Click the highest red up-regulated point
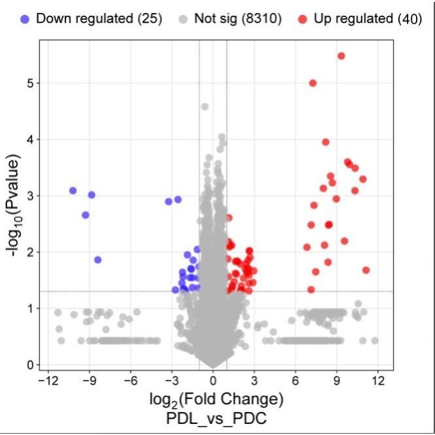[x=341, y=56]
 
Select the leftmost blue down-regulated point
[x=73, y=190]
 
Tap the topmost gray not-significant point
[x=205, y=106]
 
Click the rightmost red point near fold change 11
[x=366, y=270]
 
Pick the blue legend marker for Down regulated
[x=26, y=18]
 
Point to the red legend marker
[x=303, y=18]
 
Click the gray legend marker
[x=184, y=18]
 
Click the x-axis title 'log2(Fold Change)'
[x=213, y=399]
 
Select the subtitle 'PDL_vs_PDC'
[x=213, y=417]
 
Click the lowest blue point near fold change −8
[x=97, y=260]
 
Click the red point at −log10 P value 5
[x=313, y=83]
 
